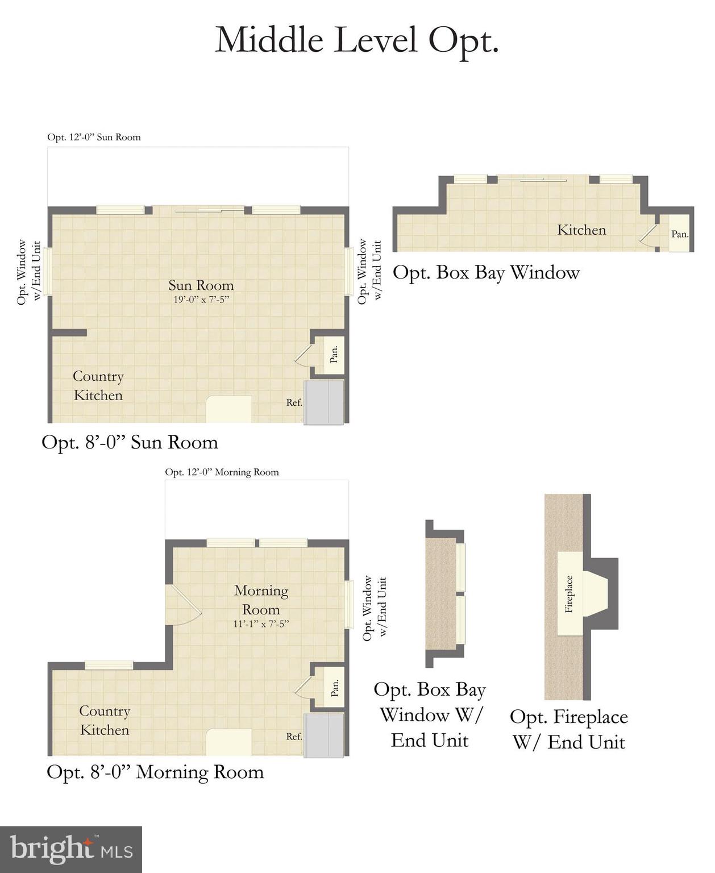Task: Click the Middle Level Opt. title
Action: click(357, 40)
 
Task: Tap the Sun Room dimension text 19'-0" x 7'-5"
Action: click(201, 300)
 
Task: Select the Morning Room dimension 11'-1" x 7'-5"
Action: click(261, 623)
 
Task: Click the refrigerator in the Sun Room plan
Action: click(324, 402)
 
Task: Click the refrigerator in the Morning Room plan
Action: click(324, 736)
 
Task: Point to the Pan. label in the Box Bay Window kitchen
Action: click(680, 234)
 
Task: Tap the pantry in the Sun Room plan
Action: click(333, 355)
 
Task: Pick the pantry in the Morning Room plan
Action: click(334, 688)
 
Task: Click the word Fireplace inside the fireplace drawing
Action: click(569, 594)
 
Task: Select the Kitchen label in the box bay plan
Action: click(581, 230)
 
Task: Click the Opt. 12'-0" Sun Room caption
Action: click(94, 137)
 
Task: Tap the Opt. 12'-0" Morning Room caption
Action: click(222, 472)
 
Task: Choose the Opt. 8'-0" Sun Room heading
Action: click(130, 442)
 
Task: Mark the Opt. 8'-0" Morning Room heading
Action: click(155, 772)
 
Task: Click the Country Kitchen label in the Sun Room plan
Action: click(98, 386)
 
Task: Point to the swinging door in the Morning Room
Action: click(183, 605)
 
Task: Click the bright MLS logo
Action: click(71, 850)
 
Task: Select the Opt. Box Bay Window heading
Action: click(486, 273)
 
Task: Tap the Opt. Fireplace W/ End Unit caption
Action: click(568, 729)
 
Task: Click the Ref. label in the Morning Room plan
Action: click(294, 736)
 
